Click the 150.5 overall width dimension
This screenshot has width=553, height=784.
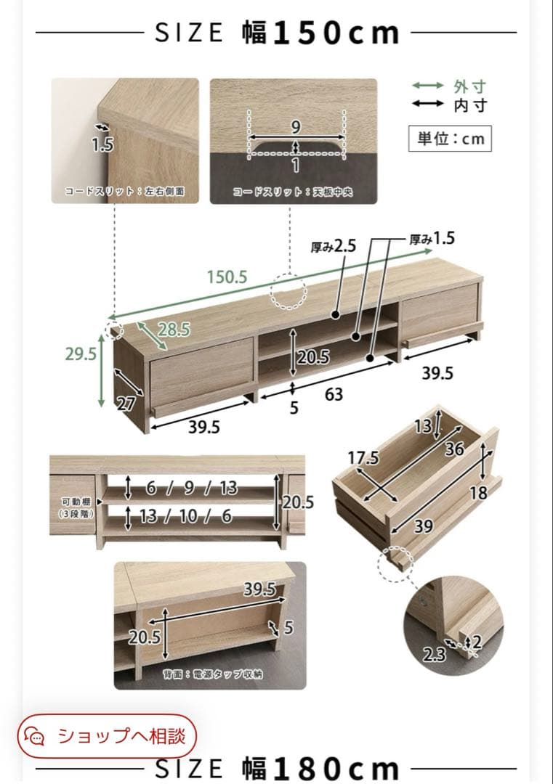coord(227,277)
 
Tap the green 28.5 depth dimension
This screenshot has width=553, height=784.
coord(174,330)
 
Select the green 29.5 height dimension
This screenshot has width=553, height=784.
coord(81,354)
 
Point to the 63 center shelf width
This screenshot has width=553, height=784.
coord(334,394)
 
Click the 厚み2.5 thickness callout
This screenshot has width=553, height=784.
coord(334,246)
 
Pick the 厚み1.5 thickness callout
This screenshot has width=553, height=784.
coord(432,239)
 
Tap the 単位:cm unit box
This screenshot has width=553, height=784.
coord(450,139)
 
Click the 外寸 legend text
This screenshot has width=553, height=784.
coord(470,86)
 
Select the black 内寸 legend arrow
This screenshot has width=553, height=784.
coord(427,104)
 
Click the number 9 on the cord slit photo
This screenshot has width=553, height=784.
coord(296,127)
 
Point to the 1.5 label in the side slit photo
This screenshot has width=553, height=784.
coord(102,145)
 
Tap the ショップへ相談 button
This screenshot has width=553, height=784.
coord(107,736)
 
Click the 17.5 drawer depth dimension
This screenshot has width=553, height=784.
coord(364,457)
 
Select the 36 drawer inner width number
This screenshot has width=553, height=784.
coord(454,449)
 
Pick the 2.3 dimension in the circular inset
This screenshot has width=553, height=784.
coord(433,654)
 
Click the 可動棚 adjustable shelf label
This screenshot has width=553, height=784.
coord(76,502)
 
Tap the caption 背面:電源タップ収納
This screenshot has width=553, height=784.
coord(213,674)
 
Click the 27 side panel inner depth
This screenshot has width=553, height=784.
coord(126,404)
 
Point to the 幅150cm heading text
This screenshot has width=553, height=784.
coord(320,33)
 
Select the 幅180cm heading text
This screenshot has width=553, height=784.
coord(320,769)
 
